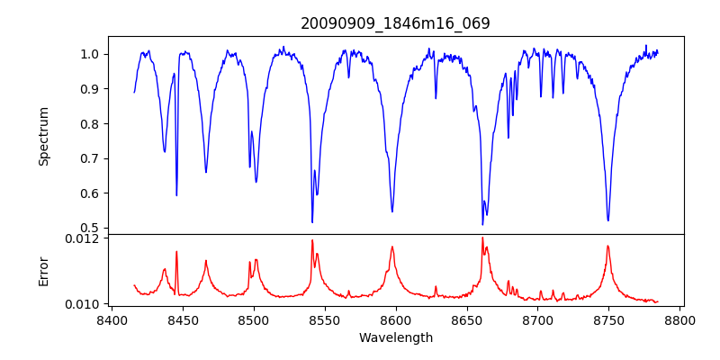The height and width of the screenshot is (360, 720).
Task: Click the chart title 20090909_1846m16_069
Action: point(396,23)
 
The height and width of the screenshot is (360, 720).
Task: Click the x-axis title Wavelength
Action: point(396,337)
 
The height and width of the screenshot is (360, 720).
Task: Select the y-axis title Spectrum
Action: point(44,136)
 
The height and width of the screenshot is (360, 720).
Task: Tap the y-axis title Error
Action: point(44,269)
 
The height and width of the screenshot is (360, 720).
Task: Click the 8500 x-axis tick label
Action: point(254,319)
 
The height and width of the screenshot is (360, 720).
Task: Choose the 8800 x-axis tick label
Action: point(679,319)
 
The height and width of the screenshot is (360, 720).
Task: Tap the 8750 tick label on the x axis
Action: point(608,319)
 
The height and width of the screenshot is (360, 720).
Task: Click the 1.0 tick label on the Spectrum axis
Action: point(90,54)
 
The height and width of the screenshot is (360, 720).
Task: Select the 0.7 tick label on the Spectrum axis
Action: point(90,158)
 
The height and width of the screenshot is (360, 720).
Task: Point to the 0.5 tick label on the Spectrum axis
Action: point(90,228)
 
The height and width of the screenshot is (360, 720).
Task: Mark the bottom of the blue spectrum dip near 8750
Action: point(608,220)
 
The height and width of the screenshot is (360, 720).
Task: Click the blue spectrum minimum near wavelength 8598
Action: point(392,211)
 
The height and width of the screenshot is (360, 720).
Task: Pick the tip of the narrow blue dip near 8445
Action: point(176,195)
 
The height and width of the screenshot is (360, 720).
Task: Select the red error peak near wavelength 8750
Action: point(608,246)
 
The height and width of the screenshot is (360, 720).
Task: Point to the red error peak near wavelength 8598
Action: point(392,247)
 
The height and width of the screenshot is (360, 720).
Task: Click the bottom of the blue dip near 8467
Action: point(206,172)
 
